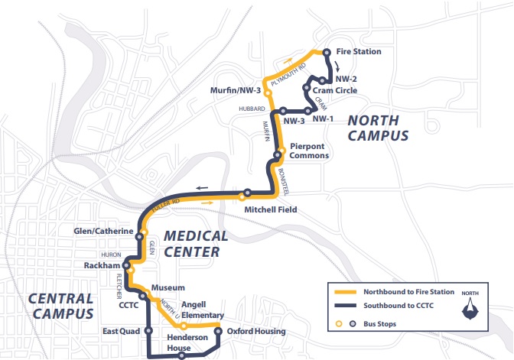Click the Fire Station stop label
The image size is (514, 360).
pyautogui.click(x=358, y=52)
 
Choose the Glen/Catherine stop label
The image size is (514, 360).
pyautogui.click(x=103, y=232)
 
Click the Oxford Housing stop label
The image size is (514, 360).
pyautogui.click(x=255, y=331)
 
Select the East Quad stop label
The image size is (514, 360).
pyautogui.click(x=121, y=332)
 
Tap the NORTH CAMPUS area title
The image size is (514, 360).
pyautogui.click(x=378, y=128)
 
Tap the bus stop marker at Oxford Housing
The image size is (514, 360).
pyautogui.click(x=218, y=331)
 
